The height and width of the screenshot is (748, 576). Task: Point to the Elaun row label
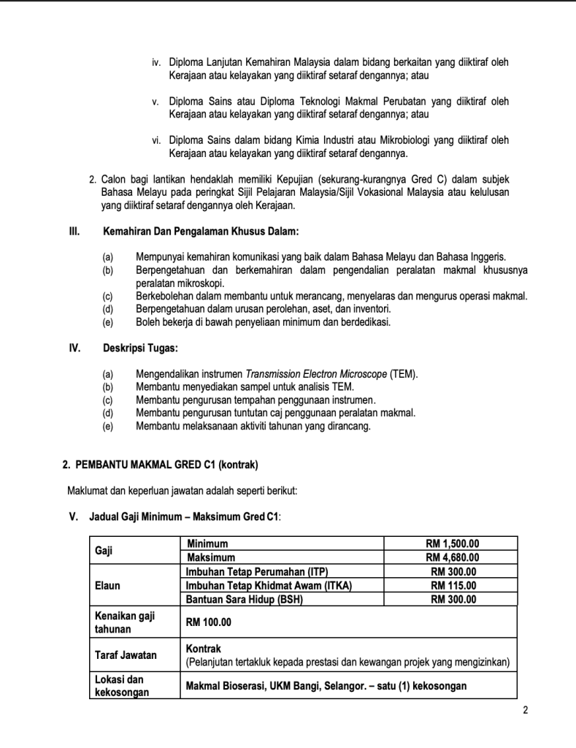107,585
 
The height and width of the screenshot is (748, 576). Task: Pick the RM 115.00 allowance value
453,585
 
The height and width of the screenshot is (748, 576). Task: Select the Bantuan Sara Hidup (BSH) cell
244,600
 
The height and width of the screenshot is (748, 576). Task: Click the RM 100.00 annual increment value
208,622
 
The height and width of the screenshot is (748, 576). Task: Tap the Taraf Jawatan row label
125,654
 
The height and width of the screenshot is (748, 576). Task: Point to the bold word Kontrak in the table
204,649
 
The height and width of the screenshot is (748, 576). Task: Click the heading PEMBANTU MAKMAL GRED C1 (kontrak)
161,465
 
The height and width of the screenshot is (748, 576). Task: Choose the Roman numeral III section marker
73,232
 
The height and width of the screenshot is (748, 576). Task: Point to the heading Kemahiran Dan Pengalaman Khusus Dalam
201,232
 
